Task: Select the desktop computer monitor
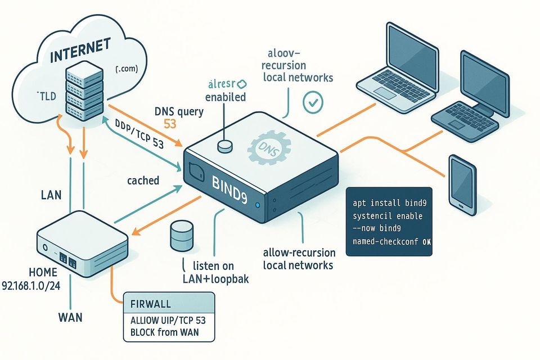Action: (x=485, y=77)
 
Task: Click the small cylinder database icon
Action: (x=180, y=236)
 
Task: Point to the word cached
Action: (x=143, y=181)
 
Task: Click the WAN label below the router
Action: (x=70, y=317)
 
